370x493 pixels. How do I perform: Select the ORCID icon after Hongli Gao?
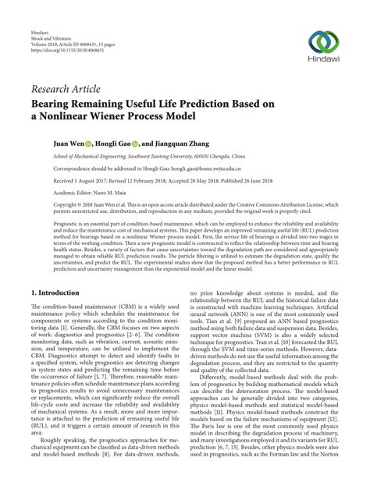pyautogui.click(x=135, y=144)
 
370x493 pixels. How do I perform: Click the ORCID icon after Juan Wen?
pyautogui.click(x=89, y=144)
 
